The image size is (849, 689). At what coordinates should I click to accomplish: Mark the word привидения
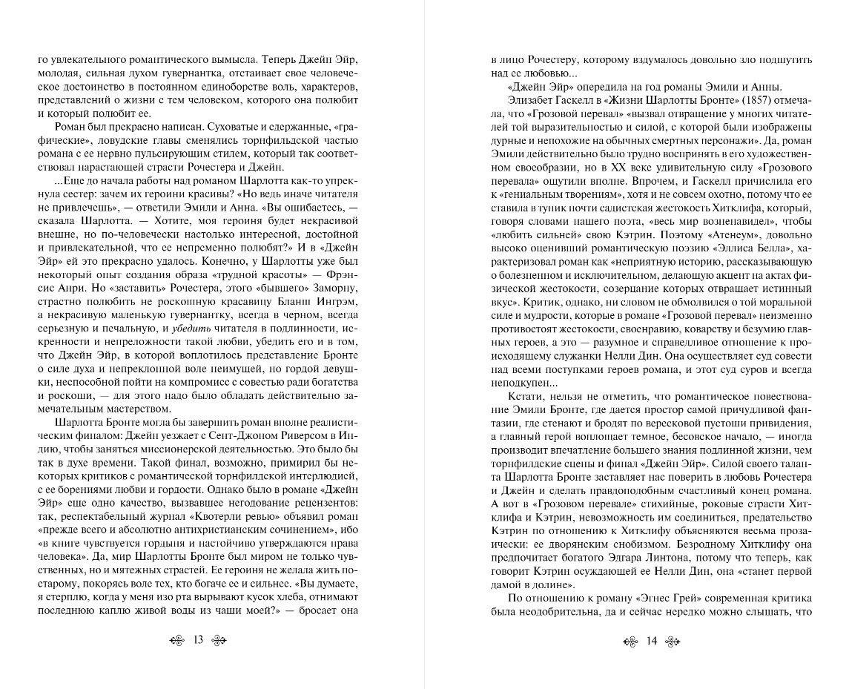[x=768, y=423]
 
